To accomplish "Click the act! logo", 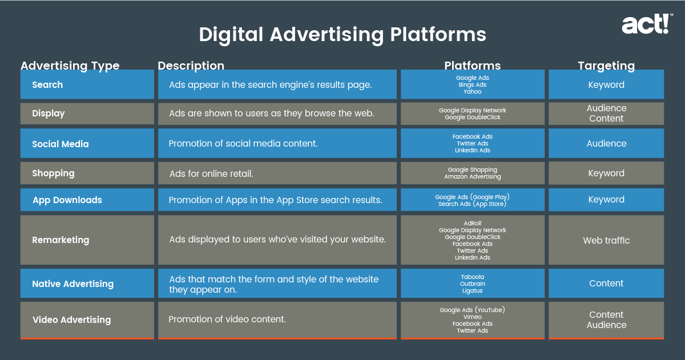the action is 647,24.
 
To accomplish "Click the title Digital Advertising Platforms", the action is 342,35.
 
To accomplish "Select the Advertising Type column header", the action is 70,66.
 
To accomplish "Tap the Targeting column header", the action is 606,66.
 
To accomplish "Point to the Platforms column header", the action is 473,66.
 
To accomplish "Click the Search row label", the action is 47,84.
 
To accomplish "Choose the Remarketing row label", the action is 61,240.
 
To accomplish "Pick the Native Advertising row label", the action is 73,284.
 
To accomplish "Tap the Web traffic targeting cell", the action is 606,241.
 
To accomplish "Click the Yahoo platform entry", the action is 473,92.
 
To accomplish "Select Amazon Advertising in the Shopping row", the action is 473,177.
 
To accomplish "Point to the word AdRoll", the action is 473,224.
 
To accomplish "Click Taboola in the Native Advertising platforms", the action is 473,277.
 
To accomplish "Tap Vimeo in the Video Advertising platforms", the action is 473,317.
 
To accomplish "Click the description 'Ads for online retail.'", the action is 211,173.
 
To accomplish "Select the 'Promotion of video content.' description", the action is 227,319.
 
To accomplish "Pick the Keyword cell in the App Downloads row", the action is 606,200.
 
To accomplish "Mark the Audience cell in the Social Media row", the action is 606,143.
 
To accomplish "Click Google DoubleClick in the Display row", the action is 473,118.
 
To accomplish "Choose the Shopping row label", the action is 53,173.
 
